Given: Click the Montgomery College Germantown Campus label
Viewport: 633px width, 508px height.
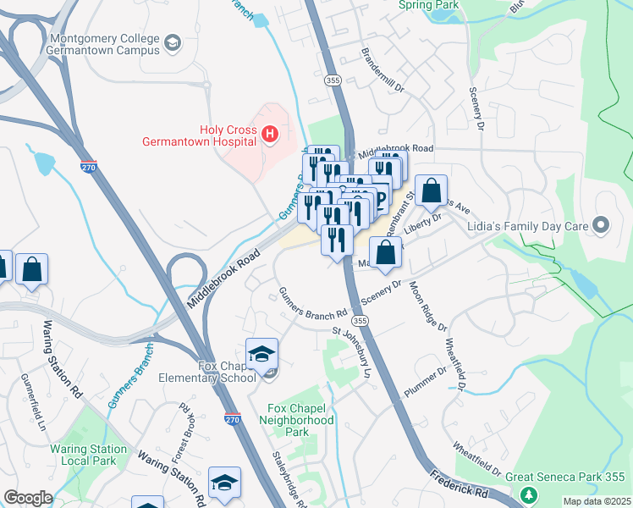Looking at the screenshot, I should (x=105, y=44).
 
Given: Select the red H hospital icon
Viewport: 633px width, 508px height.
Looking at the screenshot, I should (x=269, y=134).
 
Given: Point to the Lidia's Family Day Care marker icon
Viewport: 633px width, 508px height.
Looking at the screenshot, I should (x=601, y=225).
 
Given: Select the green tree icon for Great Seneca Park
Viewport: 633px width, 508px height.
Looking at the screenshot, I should (x=529, y=494).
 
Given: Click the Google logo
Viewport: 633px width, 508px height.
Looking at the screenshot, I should (x=28, y=498).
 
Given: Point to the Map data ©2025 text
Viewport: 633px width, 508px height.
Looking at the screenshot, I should (x=597, y=501).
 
